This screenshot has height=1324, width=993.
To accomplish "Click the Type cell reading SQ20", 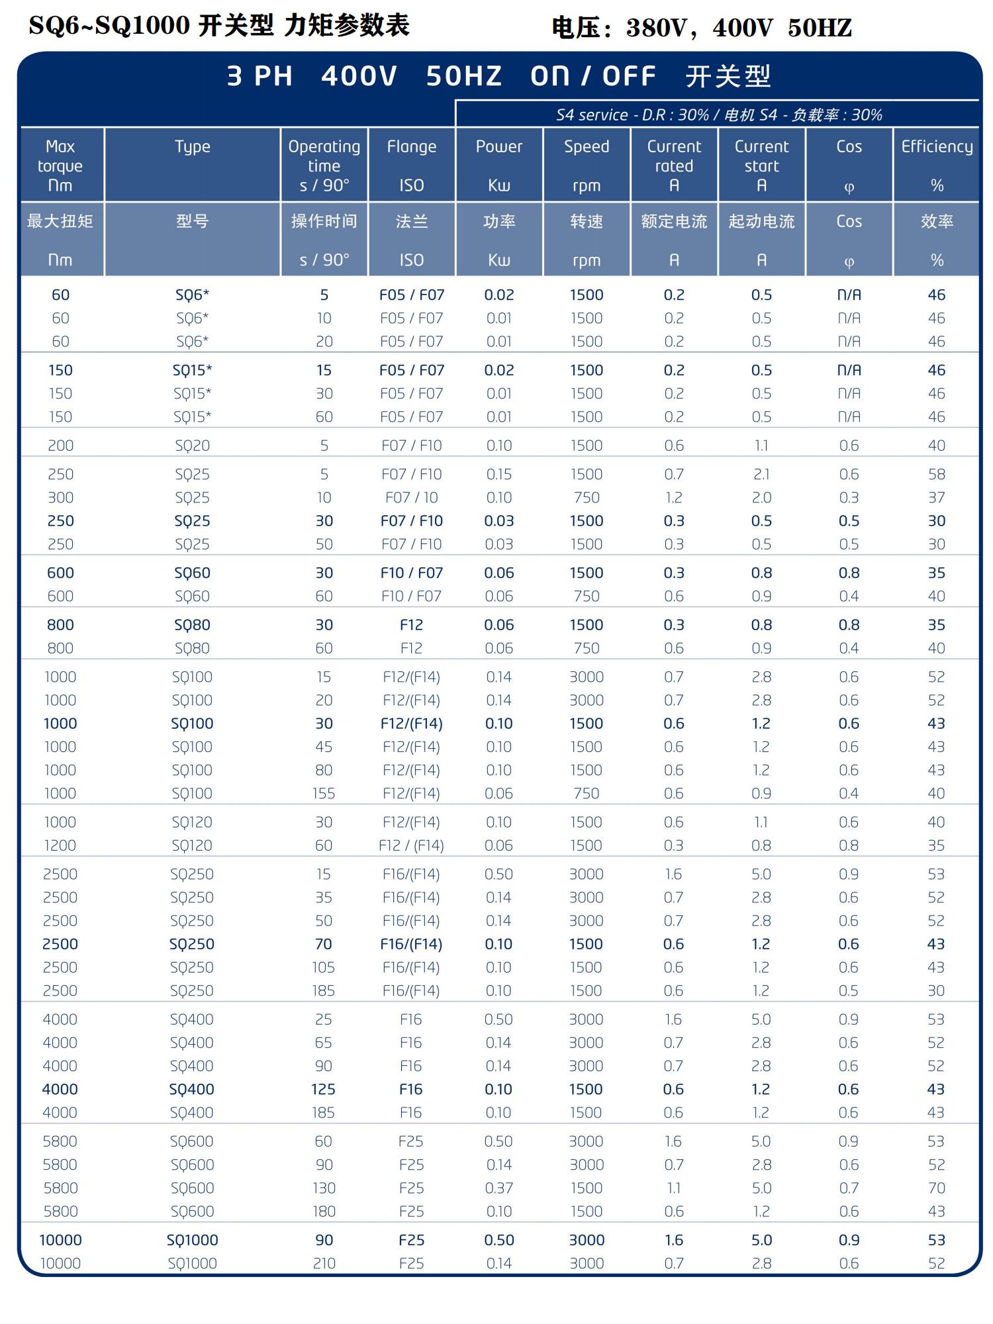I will (x=192, y=446).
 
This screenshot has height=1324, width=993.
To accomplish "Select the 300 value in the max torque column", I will (x=60, y=498).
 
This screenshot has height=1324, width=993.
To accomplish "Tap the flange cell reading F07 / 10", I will (x=411, y=498).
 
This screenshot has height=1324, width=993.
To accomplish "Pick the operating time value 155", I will (x=324, y=793).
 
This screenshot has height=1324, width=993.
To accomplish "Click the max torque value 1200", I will (x=60, y=845).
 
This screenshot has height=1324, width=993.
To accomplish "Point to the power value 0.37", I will (x=498, y=1188).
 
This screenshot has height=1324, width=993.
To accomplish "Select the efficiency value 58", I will (x=936, y=475).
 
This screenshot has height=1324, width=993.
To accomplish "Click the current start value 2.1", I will (x=761, y=475).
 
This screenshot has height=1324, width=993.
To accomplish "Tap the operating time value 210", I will (x=324, y=1263).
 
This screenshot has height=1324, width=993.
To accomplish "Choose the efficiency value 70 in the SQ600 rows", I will (x=936, y=1188).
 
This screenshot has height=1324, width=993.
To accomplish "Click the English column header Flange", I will (x=411, y=147).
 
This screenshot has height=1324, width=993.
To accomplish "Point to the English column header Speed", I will (x=587, y=147).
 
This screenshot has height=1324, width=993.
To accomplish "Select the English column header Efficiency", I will (x=936, y=147).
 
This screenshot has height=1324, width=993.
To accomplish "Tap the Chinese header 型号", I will (x=192, y=221).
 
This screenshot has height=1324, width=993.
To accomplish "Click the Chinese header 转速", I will (x=587, y=221).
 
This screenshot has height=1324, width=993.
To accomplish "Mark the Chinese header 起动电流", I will (x=761, y=221).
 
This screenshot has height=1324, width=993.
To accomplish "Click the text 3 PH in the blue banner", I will (x=260, y=77).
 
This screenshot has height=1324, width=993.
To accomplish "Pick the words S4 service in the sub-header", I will (x=591, y=115).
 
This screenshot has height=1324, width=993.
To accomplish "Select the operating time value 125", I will (x=324, y=1089).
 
